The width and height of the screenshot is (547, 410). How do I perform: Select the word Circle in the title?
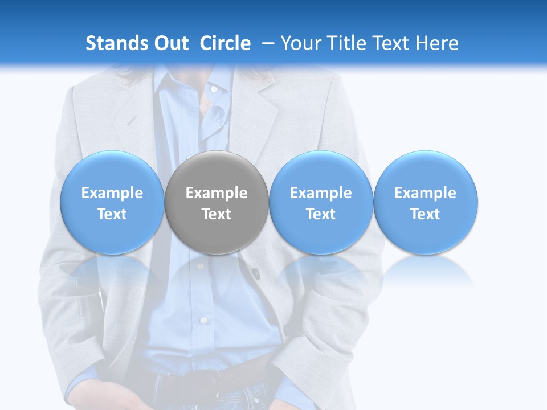225,43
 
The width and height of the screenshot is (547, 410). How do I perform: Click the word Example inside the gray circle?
217,194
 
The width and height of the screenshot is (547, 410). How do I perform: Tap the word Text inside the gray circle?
217,214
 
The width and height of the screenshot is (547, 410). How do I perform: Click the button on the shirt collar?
213,89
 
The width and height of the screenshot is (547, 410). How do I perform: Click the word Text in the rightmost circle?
426,214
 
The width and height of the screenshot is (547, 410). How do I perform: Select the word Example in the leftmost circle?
112,194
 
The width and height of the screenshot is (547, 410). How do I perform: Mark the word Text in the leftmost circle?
112,214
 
